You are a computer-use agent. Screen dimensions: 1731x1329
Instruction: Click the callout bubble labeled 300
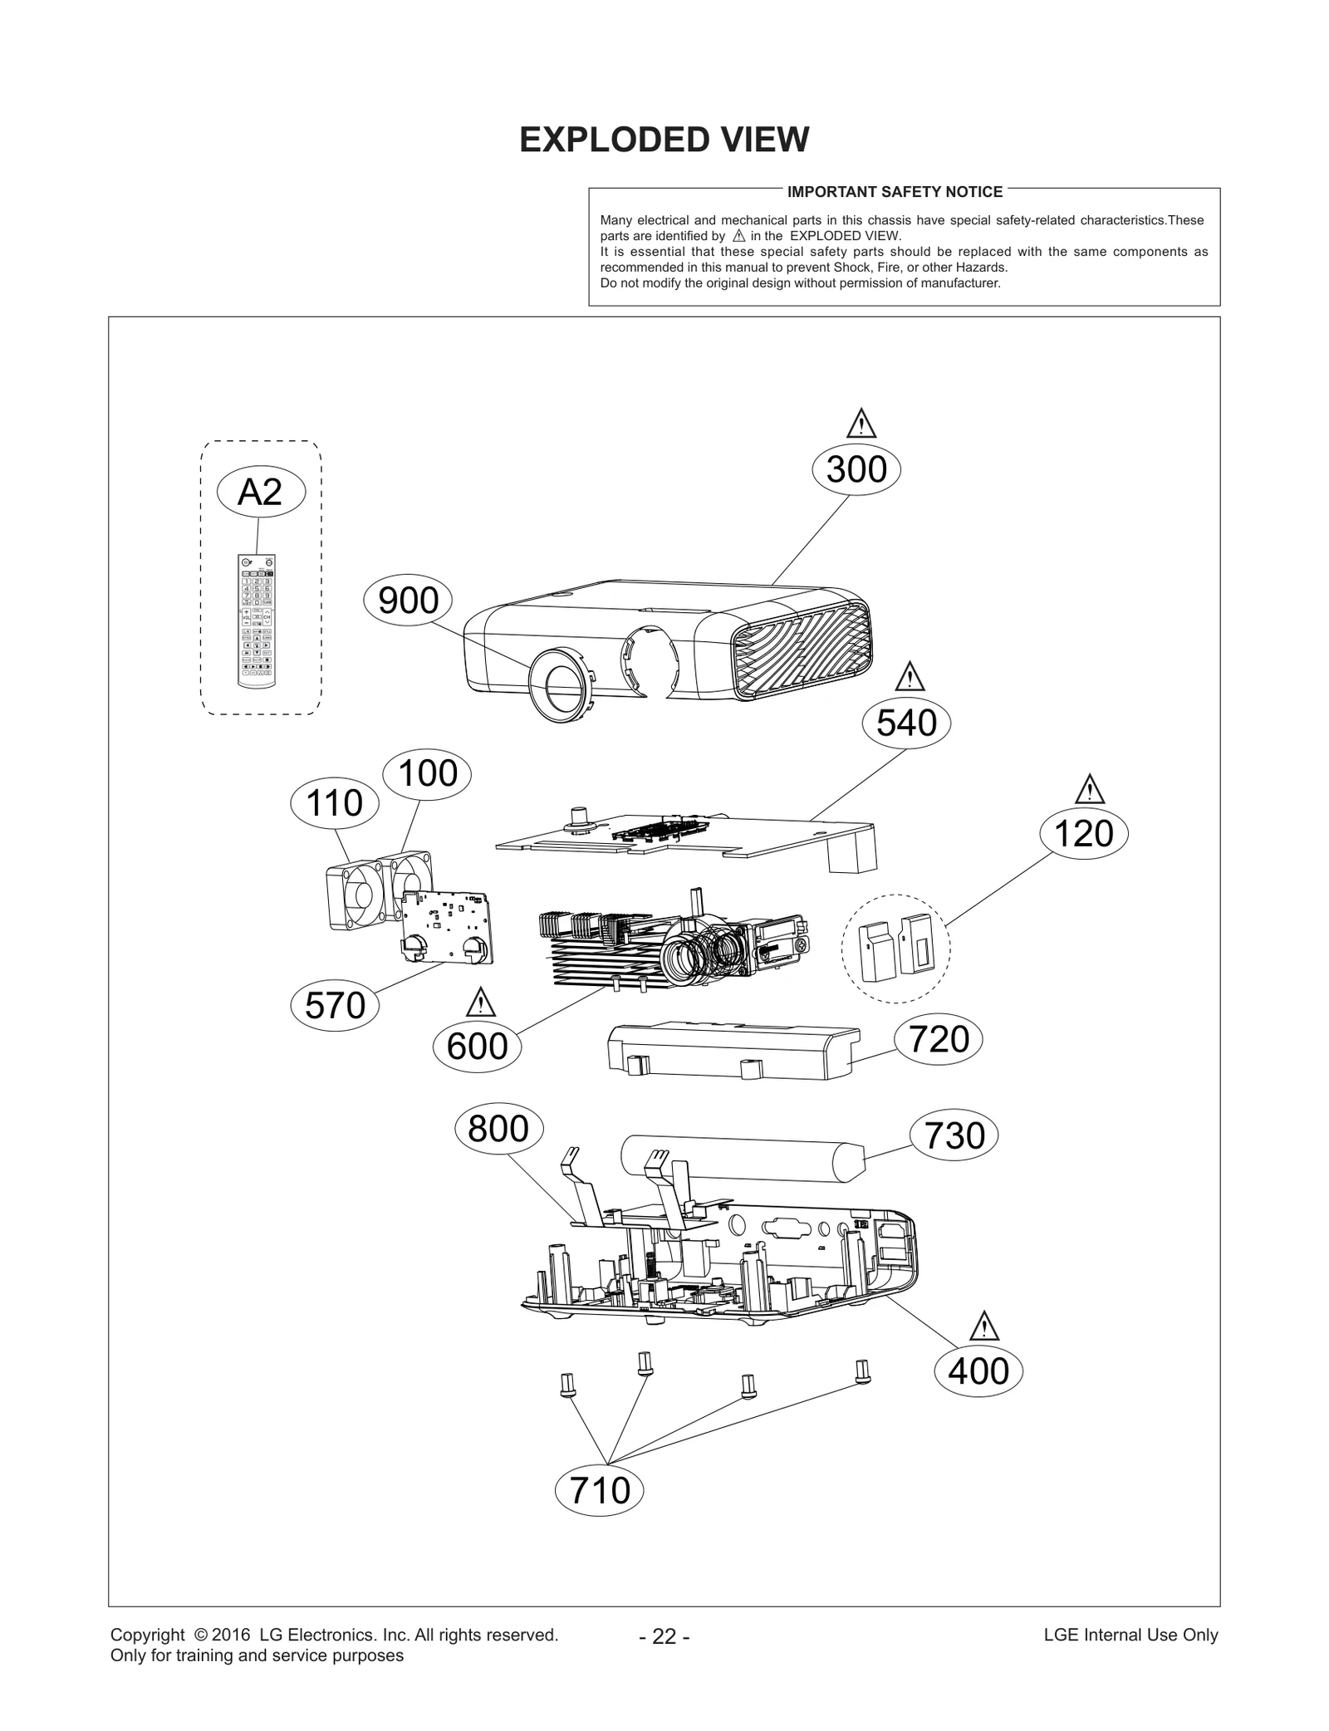(x=856, y=470)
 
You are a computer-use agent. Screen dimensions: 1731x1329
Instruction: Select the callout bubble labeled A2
(x=261, y=493)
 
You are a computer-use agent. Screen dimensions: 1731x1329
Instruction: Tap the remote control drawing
(x=257, y=620)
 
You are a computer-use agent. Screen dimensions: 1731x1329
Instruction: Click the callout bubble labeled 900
(x=408, y=601)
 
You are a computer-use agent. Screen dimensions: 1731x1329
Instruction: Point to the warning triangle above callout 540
(x=910, y=678)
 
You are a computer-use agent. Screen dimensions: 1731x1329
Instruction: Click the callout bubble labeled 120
(x=1084, y=834)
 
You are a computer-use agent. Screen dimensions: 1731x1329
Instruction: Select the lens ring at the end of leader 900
(x=561, y=684)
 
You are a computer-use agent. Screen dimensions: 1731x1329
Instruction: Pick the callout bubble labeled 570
(x=335, y=1006)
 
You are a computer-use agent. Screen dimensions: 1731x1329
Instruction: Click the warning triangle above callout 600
(x=481, y=1003)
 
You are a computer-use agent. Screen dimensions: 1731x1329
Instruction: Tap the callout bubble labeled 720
(x=939, y=1040)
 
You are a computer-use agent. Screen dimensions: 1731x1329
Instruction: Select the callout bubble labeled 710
(x=600, y=1490)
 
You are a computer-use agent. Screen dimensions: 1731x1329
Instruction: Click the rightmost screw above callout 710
(x=862, y=1371)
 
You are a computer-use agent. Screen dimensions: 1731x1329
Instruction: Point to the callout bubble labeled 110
(x=335, y=803)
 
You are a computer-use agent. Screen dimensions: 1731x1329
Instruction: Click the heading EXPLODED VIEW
(x=664, y=140)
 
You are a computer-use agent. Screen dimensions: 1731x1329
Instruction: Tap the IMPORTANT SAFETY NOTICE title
(x=895, y=192)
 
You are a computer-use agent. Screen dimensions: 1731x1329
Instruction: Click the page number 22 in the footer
(x=664, y=1636)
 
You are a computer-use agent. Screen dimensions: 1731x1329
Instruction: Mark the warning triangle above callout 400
(x=984, y=1326)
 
